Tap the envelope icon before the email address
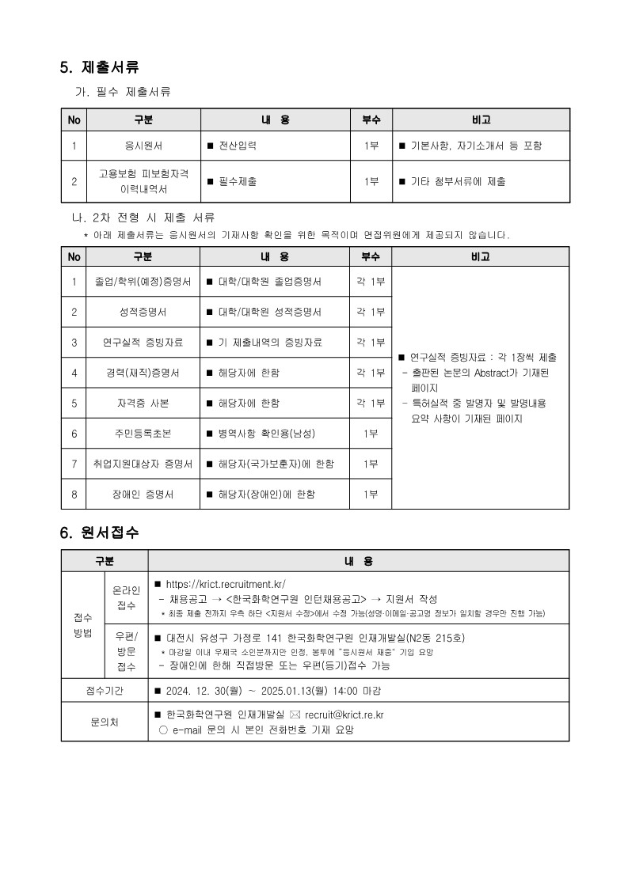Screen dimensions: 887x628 (x=295, y=715)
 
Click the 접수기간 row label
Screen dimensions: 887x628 (x=105, y=690)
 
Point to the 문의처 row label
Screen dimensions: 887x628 (x=105, y=722)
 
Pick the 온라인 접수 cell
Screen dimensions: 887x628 (x=126, y=597)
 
